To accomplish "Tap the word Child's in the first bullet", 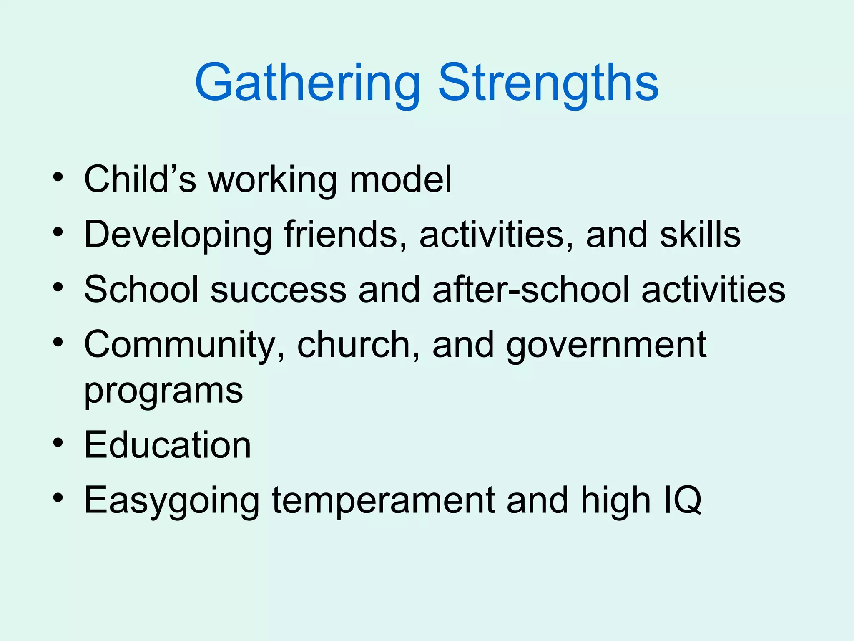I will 140,179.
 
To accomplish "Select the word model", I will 400,179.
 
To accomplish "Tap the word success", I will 278,290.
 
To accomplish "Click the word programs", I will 163,391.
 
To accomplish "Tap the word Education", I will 168,445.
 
